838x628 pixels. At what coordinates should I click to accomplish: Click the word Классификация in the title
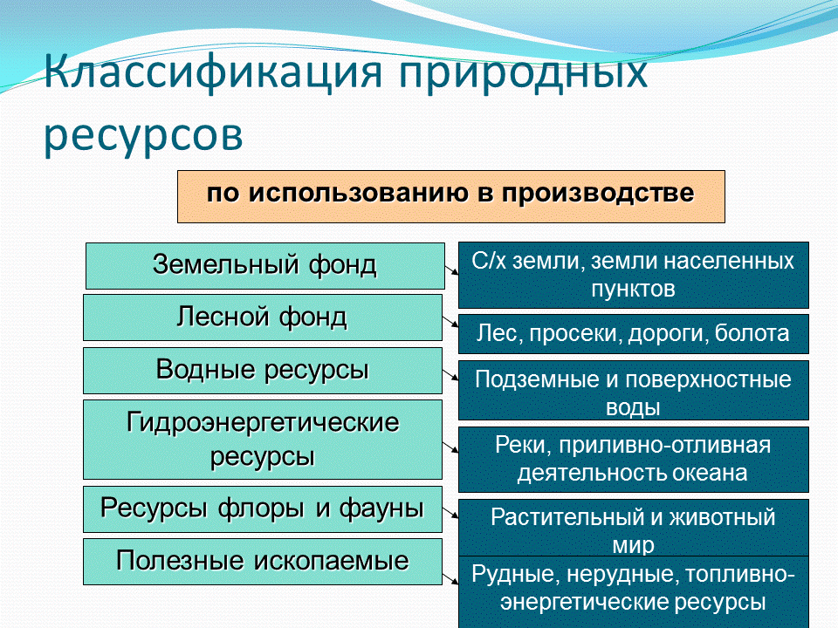point(215,72)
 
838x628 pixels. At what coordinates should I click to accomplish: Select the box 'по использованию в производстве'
point(451,196)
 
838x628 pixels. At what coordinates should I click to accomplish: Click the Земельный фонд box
point(264,265)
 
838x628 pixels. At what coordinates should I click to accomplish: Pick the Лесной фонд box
point(263,317)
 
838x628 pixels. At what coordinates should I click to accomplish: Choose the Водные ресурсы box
point(263,371)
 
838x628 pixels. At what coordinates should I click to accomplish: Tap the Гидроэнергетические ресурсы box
point(263,440)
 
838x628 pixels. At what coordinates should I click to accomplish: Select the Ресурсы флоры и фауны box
point(263,509)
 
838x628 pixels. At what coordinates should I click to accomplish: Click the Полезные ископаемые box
point(263,562)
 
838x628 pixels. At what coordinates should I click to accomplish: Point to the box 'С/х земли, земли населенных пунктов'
point(633,275)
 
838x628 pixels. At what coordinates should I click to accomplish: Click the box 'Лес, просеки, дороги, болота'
point(633,334)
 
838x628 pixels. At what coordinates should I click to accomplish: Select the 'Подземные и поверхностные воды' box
point(633,392)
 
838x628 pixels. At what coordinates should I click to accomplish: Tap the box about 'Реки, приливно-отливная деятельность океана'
point(633,459)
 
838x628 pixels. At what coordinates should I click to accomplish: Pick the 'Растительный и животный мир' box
point(633,529)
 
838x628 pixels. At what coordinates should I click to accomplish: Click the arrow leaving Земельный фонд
point(452,270)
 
